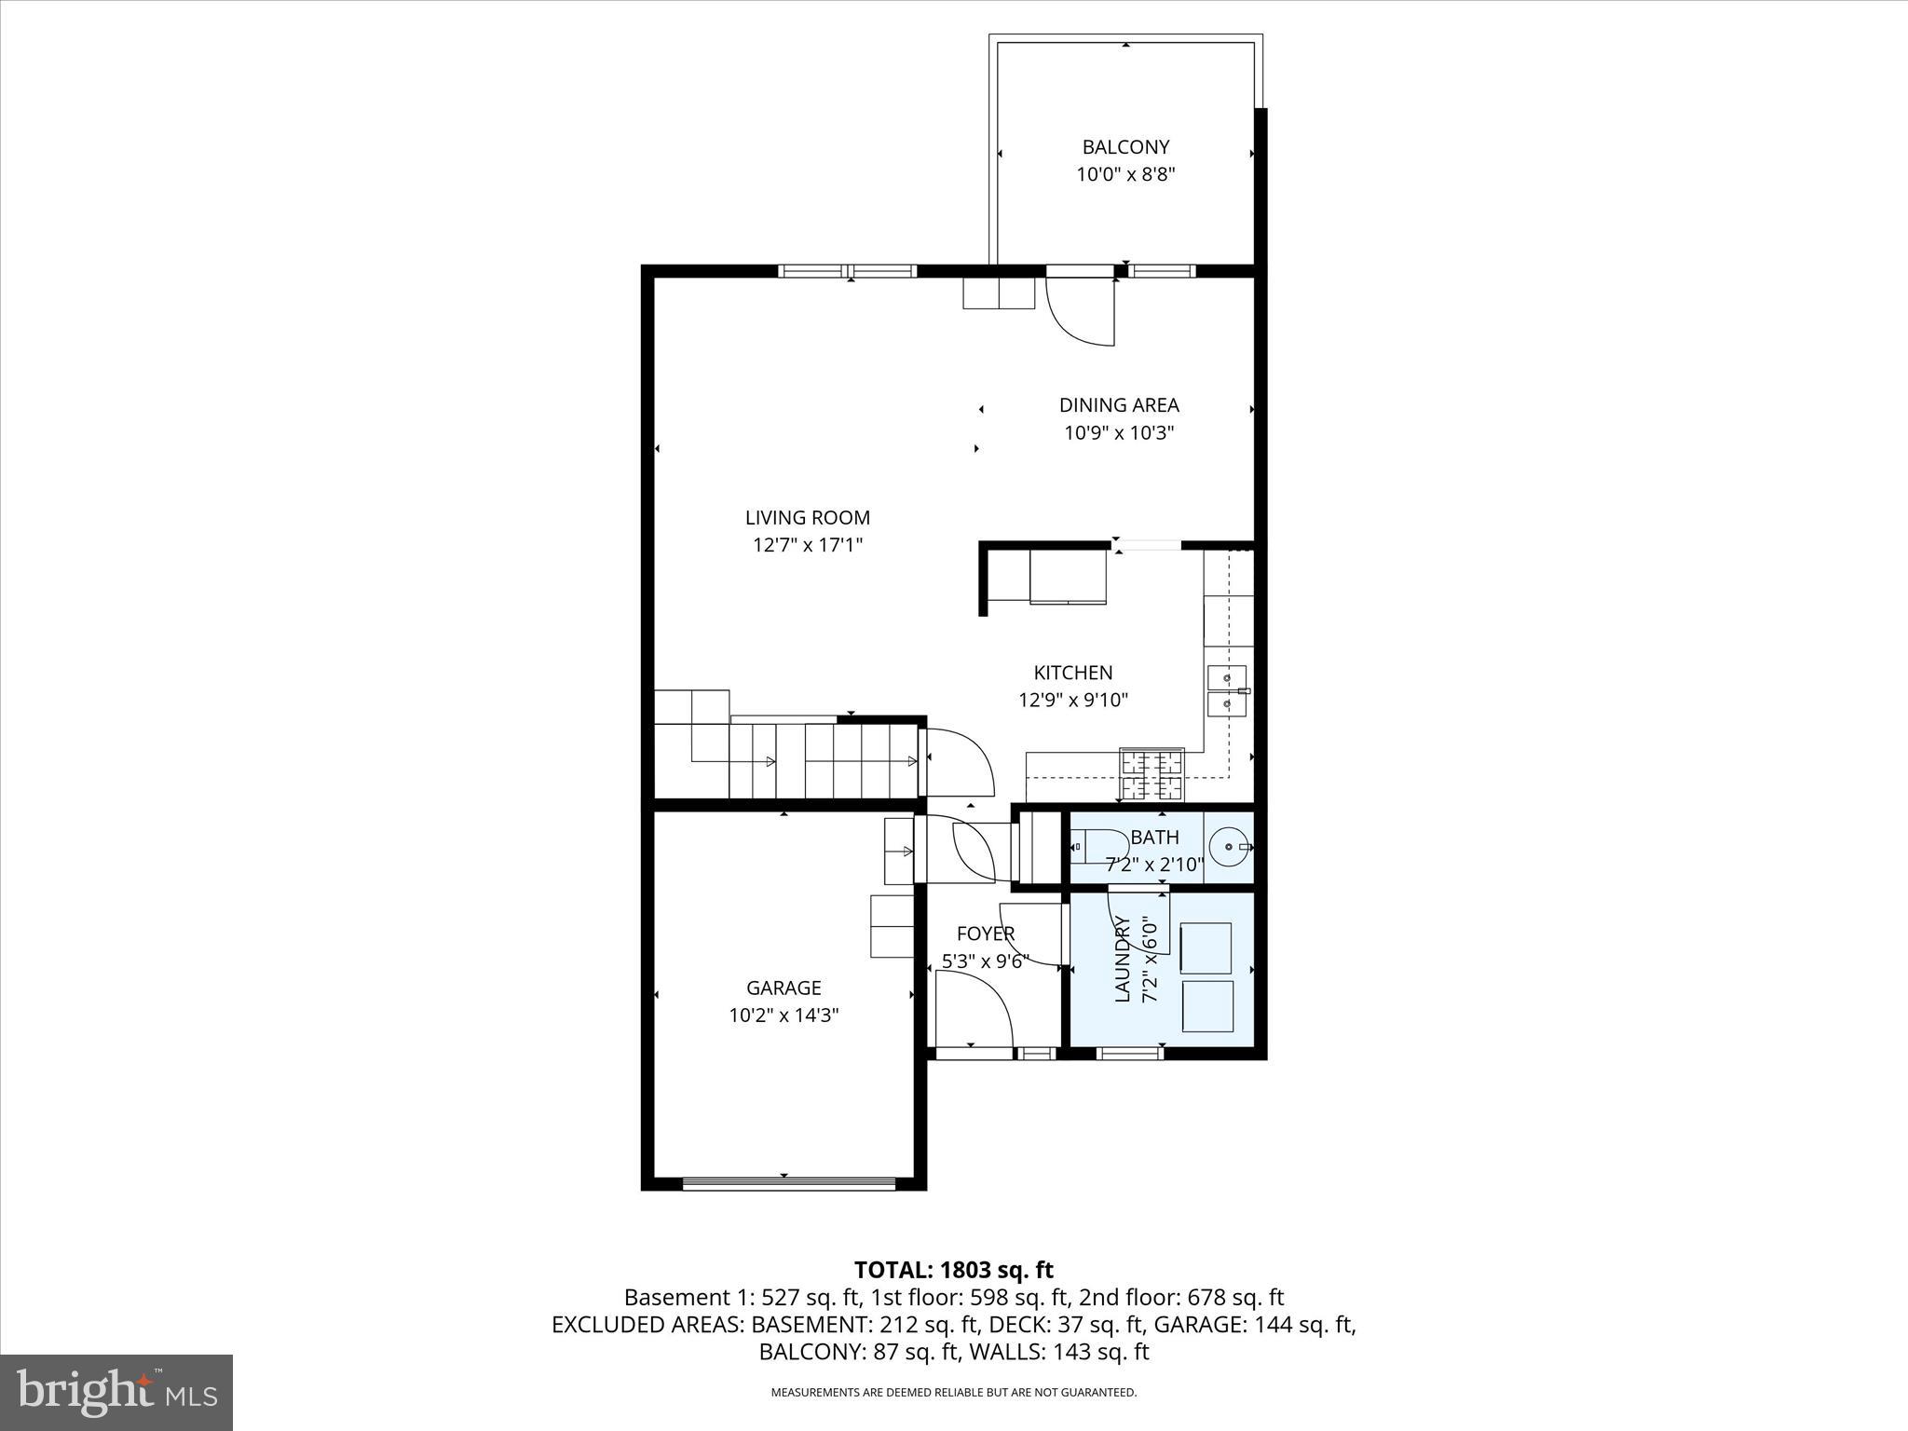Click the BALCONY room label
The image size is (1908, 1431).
[1125, 147]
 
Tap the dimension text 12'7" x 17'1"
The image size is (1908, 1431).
[808, 545]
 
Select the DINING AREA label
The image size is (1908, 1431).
[1119, 405]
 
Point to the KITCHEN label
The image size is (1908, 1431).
[1072, 673]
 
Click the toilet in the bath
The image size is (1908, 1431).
[1097, 847]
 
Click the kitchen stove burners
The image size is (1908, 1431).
[1152, 775]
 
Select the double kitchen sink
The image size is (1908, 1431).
[1226, 690]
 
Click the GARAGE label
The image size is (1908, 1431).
[784, 988]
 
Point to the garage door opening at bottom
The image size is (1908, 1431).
[788, 1183]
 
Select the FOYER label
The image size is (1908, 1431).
[985, 934]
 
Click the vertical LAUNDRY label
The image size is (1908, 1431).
[1123, 960]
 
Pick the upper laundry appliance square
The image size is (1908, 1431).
[1206, 948]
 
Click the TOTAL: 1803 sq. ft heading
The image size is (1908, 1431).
[953, 1270]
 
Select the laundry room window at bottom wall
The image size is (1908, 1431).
[1129, 1054]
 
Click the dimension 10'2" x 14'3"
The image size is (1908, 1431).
[784, 1015]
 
